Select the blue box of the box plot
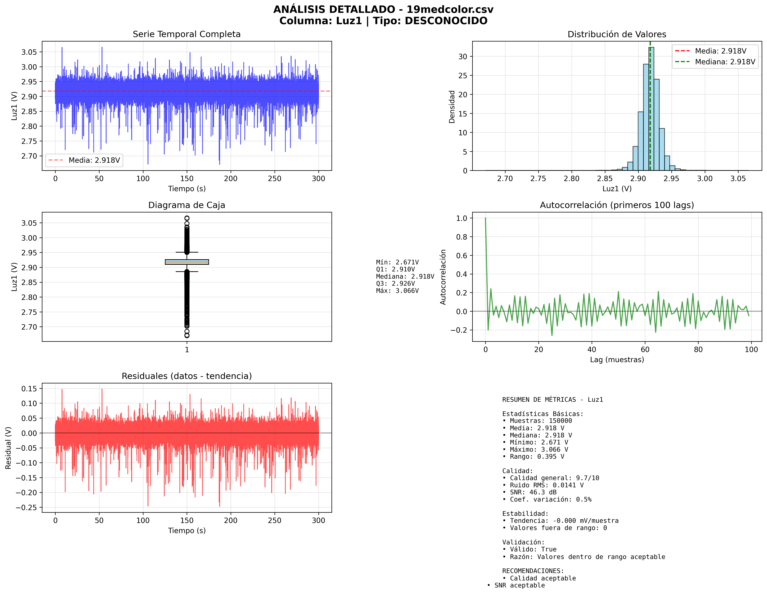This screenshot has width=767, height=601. click(x=187, y=262)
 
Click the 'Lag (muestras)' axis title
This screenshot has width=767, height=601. click(x=617, y=360)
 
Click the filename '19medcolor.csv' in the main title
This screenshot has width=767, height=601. click(x=450, y=9)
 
